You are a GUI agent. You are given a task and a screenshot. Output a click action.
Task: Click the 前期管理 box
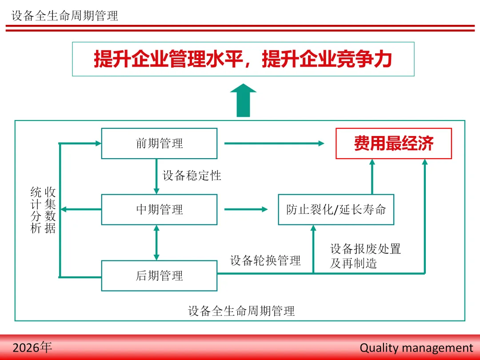(159, 144)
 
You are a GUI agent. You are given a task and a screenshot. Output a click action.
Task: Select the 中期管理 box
(159, 209)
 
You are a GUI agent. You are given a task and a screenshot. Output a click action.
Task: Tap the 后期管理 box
(159, 276)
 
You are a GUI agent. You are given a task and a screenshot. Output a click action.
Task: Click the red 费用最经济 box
(393, 144)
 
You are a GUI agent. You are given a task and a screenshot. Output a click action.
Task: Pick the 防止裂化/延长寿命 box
(336, 209)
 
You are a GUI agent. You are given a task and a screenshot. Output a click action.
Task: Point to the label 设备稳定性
(192, 176)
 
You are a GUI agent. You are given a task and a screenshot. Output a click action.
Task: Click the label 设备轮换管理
(265, 260)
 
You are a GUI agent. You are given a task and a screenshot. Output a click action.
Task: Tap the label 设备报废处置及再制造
(365, 256)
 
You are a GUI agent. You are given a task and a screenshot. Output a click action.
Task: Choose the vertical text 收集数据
(50, 210)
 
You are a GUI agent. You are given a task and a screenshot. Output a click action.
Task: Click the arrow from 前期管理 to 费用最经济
(274, 144)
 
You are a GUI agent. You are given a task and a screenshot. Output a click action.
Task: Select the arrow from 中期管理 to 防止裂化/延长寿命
(246, 209)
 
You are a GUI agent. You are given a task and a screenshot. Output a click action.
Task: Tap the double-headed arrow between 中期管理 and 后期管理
(156, 242)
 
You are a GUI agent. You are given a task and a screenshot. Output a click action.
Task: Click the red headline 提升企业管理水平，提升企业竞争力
(243, 59)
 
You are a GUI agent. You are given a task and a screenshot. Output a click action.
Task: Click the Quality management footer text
(416, 348)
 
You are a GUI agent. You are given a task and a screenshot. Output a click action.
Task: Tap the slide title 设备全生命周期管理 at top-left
(65, 16)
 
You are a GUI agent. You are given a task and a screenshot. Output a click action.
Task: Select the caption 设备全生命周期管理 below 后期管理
(241, 311)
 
